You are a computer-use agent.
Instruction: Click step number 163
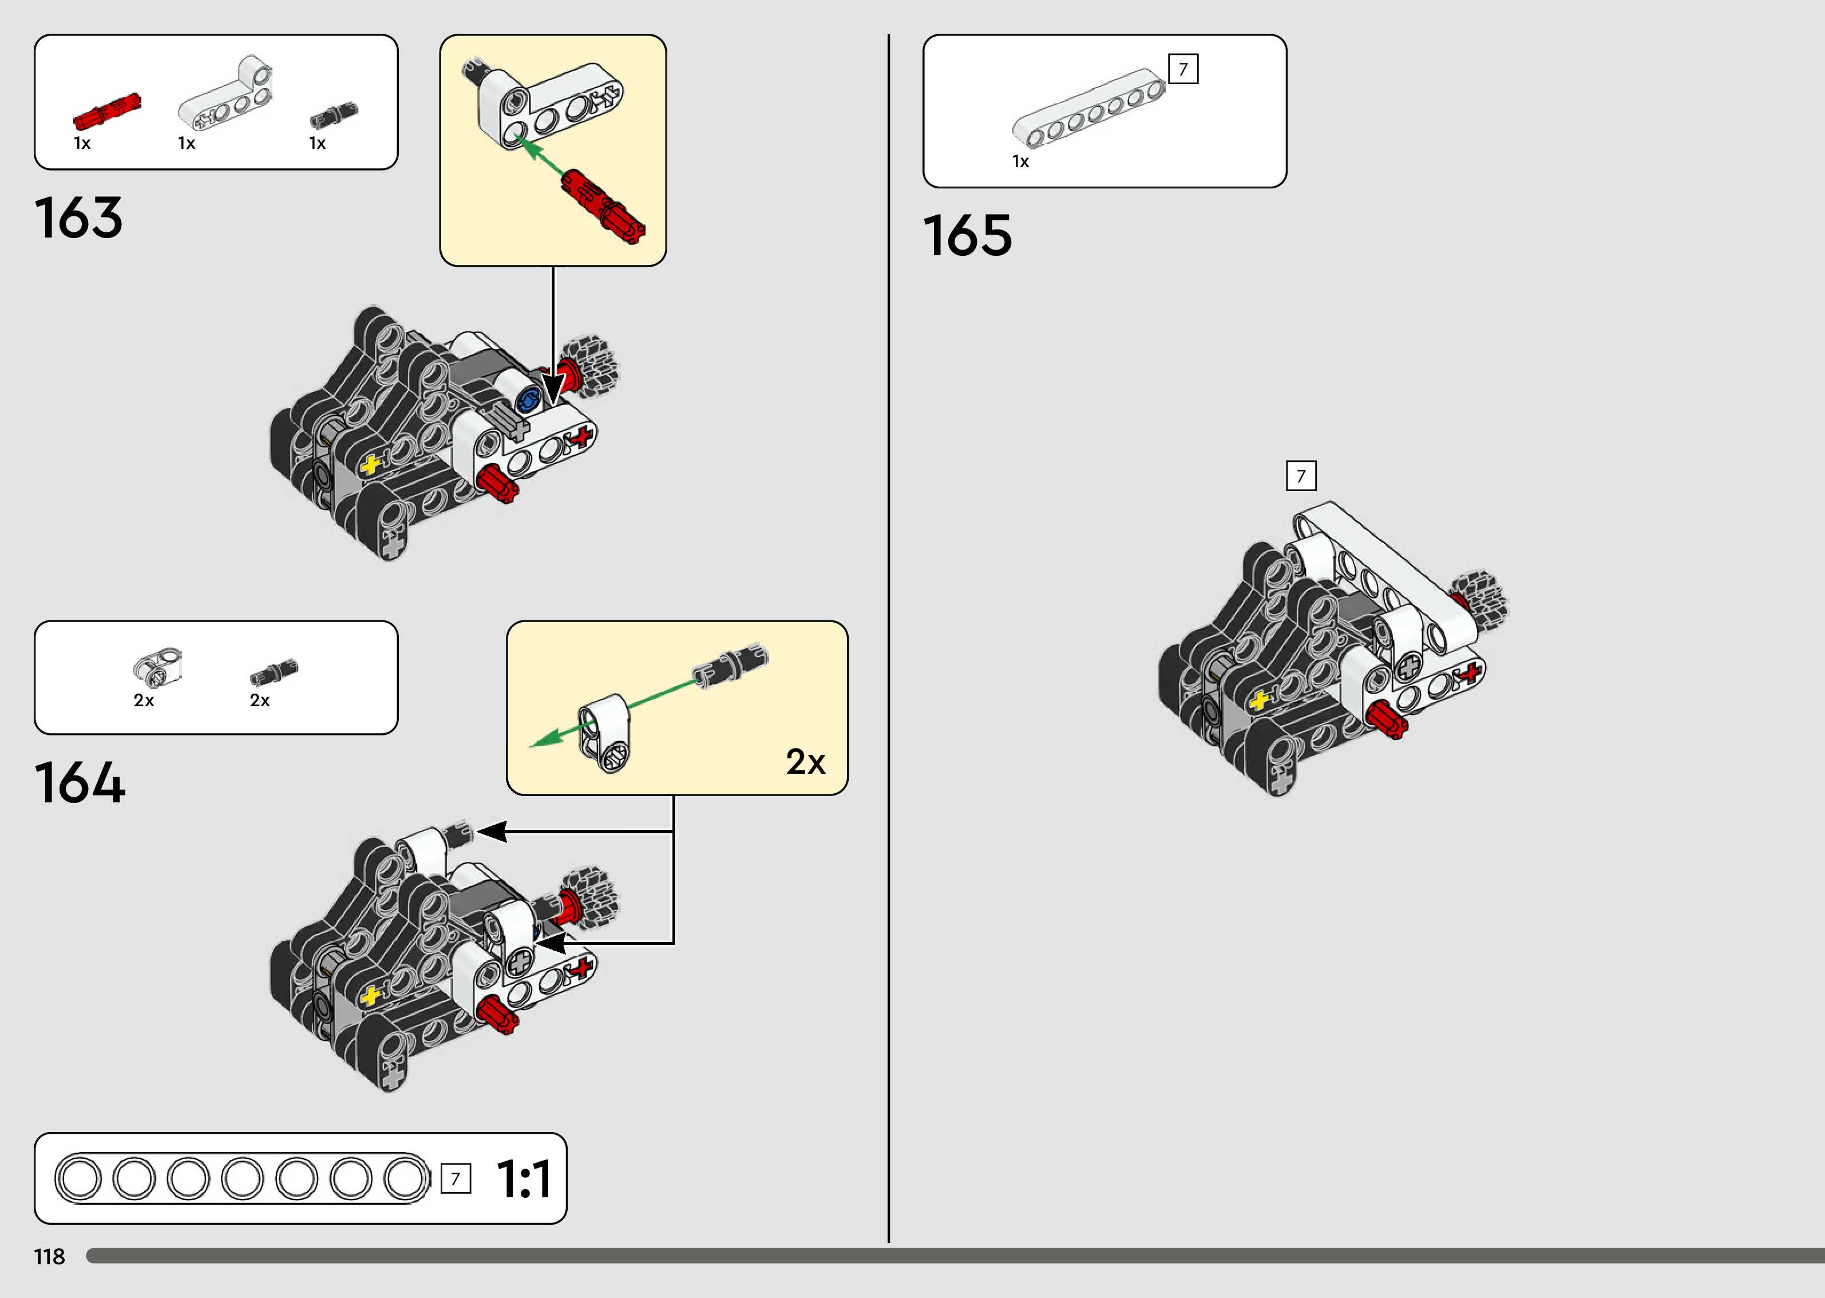pyautogui.click(x=78, y=217)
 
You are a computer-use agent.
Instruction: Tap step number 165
pyautogui.click(x=968, y=236)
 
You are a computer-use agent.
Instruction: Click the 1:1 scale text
pyautogui.click(x=524, y=1179)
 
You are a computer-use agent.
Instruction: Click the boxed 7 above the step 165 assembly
pyautogui.click(x=1301, y=476)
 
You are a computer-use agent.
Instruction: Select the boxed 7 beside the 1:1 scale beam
pyautogui.click(x=456, y=1179)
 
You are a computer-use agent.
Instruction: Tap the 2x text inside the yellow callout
pyautogui.click(x=805, y=762)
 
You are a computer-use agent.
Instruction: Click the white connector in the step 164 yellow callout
pyautogui.click(x=605, y=731)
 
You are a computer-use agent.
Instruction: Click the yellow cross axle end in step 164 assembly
pyautogui.click(x=369, y=996)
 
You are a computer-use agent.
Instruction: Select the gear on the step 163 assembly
pyautogui.click(x=589, y=366)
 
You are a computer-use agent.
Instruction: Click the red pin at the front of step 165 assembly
pyautogui.click(x=1387, y=719)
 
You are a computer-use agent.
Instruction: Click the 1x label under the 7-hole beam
pyautogui.click(x=1020, y=161)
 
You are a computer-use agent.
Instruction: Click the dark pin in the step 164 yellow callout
pyautogui.click(x=730, y=665)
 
